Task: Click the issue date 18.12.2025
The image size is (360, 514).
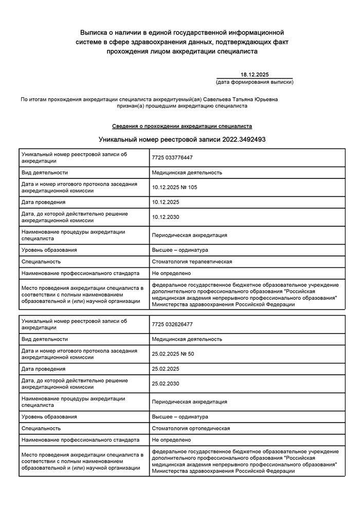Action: [255, 75]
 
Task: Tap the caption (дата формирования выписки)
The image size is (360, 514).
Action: [255, 82]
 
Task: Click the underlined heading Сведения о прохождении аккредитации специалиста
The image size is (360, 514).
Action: [182, 126]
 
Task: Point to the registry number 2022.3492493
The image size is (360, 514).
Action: [244, 139]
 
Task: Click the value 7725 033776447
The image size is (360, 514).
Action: [172, 158]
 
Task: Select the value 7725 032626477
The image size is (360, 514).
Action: [172, 324]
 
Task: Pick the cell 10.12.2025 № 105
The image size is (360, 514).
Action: [174, 188]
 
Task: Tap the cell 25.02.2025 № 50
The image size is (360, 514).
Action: [173, 354]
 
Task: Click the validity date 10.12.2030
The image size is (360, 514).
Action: [166, 217]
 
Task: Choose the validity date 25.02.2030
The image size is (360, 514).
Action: [166, 384]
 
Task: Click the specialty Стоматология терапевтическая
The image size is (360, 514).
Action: [192, 262]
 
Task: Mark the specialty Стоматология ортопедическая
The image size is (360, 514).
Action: [191, 428]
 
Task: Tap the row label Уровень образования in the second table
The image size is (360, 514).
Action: [49, 416]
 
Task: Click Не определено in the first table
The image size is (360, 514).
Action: [171, 273]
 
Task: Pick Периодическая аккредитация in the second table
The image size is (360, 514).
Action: [189, 401]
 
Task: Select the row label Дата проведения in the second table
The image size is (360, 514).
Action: [43, 369]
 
